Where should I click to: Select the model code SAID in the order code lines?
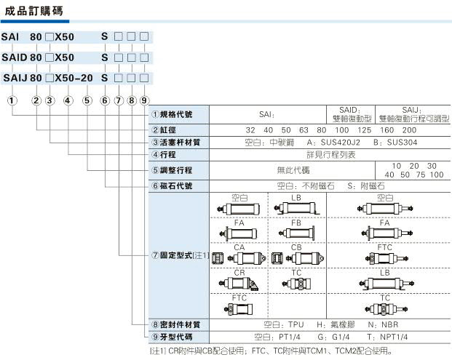point(15,57)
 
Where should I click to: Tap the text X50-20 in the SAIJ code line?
point(74,77)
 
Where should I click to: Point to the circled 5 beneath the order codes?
point(87,100)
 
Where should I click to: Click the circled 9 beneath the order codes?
point(144,100)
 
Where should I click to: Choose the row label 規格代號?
point(178,115)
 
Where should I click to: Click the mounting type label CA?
point(239,247)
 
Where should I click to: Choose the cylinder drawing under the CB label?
point(296,258)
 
